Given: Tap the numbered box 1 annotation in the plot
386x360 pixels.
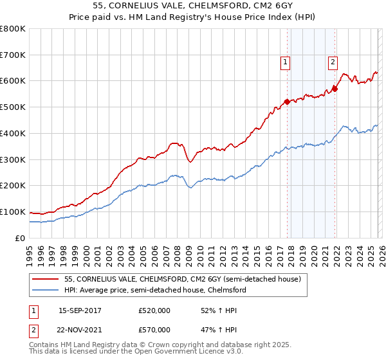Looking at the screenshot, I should coord(285,62).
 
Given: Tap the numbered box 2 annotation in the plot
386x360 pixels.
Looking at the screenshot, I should coord(333,62).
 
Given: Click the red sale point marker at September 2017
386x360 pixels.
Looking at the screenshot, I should coord(287,102).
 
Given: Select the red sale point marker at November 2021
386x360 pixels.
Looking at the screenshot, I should coord(335,89).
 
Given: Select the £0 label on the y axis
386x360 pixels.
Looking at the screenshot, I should coord(21,238).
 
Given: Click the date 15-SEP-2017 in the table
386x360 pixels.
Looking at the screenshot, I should coord(80,310).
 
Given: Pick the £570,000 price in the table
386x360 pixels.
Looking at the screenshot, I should coord(154,330).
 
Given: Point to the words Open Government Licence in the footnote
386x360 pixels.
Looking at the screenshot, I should coord(194,353).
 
